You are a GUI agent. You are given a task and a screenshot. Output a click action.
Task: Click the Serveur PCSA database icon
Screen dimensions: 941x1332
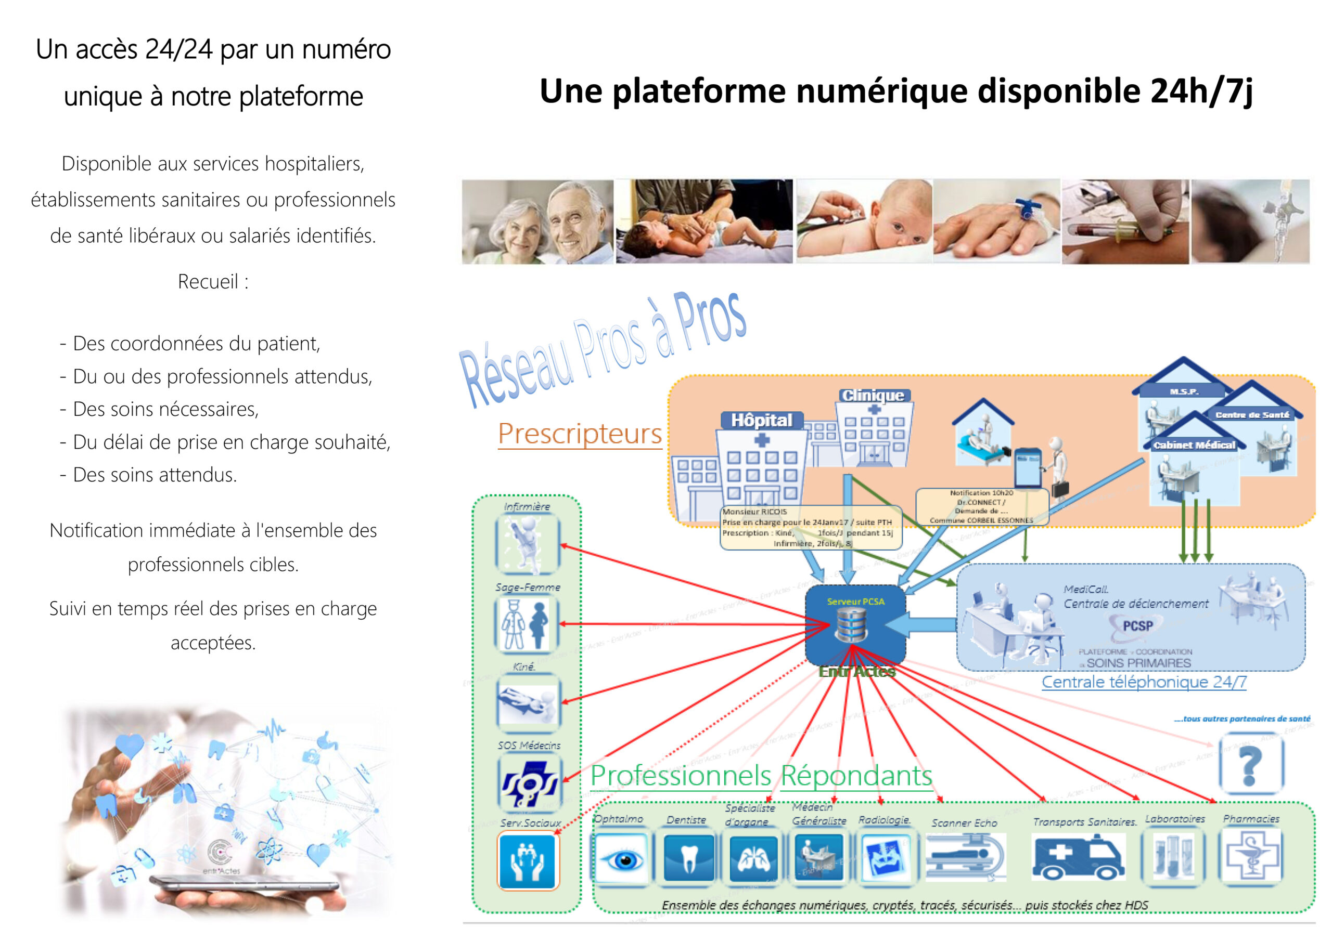click(851, 626)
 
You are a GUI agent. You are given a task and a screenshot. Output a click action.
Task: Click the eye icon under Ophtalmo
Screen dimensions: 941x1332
click(622, 859)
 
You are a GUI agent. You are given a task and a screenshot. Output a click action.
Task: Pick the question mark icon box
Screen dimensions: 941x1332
click(1251, 765)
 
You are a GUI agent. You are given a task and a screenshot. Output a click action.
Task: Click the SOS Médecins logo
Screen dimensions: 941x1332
click(529, 783)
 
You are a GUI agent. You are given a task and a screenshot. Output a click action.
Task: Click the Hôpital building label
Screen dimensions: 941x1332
click(761, 421)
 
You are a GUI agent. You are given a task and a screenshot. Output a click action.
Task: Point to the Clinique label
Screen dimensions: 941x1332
click(873, 396)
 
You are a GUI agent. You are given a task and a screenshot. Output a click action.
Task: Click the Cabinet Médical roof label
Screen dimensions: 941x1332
click(1194, 445)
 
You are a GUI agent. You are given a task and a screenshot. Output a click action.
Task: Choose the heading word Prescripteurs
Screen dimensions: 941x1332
click(580, 434)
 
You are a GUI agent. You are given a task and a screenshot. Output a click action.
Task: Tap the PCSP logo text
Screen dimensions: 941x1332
click(1137, 626)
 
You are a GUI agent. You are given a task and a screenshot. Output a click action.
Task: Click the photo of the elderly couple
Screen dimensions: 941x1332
click(537, 222)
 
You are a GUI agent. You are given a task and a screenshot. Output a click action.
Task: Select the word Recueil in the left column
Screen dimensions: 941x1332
click(208, 282)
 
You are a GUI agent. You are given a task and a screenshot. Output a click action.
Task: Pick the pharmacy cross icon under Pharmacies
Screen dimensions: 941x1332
click(1251, 856)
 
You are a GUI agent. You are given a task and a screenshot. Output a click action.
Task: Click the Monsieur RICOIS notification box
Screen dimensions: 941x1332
click(810, 528)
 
